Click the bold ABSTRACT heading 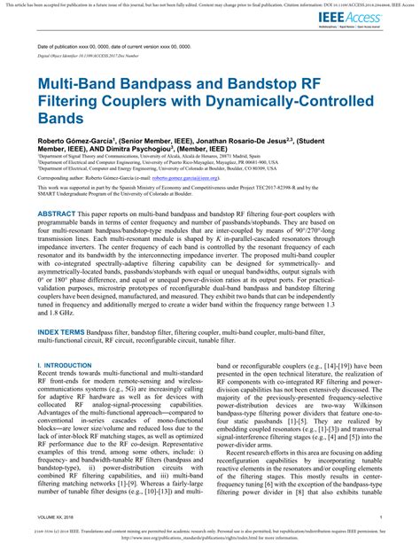tap(57, 213)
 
